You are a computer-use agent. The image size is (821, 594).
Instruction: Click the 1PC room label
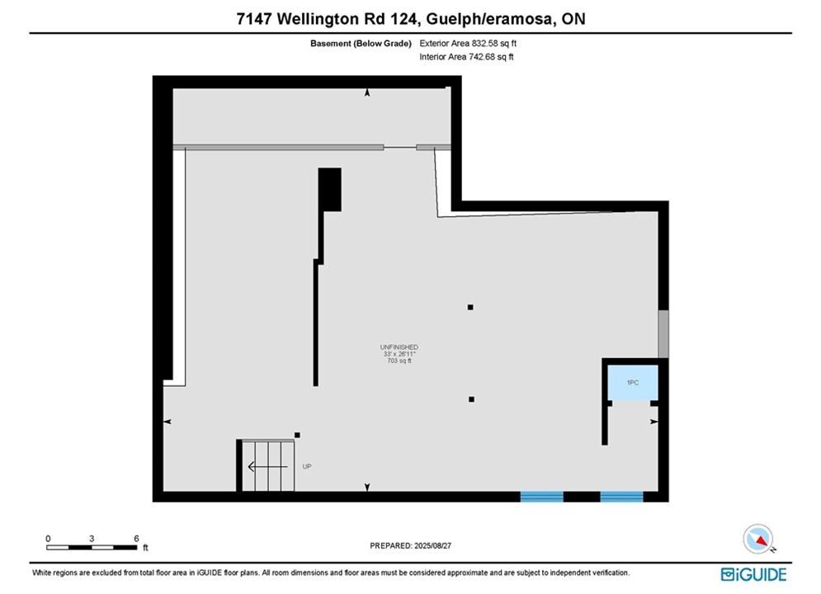[633, 383]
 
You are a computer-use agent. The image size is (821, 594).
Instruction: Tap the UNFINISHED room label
[399, 347]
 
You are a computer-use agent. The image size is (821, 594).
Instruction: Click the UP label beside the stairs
[307, 466]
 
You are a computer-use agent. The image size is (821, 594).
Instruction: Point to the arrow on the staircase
[267, 466]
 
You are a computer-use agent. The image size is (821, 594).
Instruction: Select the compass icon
[757, 539]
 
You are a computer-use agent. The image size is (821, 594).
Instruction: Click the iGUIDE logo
[753, 574]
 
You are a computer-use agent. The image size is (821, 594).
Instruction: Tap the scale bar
[92, 548]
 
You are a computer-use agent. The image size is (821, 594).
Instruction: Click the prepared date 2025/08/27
[432, 545]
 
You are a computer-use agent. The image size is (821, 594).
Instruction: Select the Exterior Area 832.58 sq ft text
[468, 44]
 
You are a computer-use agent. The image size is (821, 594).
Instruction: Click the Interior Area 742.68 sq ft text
[466, 57]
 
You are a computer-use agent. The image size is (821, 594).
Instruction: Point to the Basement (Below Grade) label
[361, 44]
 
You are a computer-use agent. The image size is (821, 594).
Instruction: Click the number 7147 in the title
[254, 19]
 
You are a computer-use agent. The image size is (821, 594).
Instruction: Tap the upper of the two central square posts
[470, 307]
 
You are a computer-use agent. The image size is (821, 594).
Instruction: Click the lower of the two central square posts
[471, 399]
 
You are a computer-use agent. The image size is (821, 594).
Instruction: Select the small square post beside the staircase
[297, 435]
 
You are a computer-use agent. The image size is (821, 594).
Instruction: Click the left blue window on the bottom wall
[541, 497]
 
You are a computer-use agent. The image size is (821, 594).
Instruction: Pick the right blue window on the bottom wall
[621, 497]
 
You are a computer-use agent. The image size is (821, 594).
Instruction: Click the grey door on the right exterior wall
[663, 334]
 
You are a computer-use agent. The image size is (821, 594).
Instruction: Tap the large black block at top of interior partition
[330, 190]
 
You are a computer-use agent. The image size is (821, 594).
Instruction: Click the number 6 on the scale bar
[136, 539]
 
